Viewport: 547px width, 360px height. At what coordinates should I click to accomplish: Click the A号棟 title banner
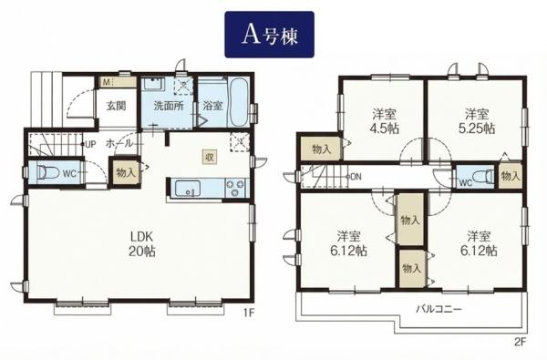(269, 35)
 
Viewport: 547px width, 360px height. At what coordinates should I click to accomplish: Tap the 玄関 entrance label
(116, 106)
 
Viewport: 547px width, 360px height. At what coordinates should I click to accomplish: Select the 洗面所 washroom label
(169, 106)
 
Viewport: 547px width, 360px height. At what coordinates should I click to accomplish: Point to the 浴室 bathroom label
(212, 106)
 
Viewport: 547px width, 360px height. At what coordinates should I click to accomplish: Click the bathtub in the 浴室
(239, 103)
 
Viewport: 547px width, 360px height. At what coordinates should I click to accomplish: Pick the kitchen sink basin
(188, 189)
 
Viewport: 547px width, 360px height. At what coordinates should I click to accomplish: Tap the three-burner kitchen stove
(235, 189)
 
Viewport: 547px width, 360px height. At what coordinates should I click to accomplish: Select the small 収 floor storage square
(210, 157)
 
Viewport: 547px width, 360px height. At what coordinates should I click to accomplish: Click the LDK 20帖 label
(142, 244)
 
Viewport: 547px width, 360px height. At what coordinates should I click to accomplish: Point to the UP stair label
(90, 144)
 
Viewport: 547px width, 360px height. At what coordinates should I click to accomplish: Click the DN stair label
(356, 177)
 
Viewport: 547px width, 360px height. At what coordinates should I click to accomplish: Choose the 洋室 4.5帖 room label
(384, 121)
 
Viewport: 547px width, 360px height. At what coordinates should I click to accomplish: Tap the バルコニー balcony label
(439, 309)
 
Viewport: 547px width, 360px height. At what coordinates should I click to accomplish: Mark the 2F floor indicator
(520, 343)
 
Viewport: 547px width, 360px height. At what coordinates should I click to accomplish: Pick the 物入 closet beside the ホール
(126, 172)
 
